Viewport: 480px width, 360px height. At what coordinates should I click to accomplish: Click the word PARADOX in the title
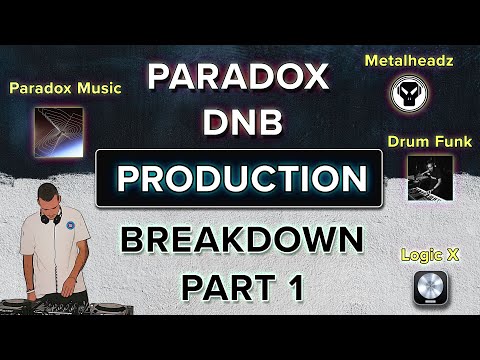pos(239,78)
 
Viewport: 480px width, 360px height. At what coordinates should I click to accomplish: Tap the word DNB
pos(239,124)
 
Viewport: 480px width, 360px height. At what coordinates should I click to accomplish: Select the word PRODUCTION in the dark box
pos(239,179)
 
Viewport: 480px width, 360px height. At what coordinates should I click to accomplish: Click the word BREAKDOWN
pos(239,241)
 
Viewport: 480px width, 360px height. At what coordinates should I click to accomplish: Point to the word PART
pos(222,286)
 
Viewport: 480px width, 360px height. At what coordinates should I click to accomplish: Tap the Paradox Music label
pos(65,88)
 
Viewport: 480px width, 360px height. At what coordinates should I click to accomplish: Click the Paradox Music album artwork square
pos(58,131)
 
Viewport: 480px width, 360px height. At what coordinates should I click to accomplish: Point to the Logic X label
pos(430,256)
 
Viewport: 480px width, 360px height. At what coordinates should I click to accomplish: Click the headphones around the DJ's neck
pos(52,226)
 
